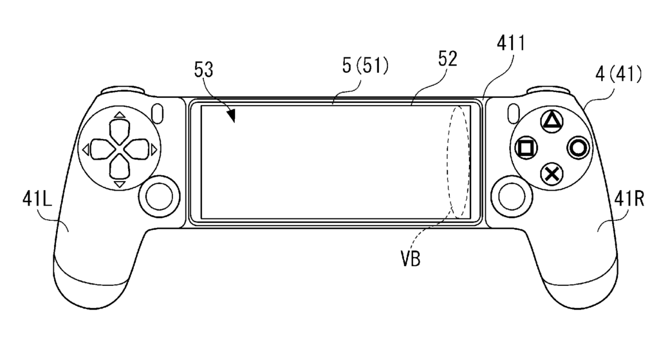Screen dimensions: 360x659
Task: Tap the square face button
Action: click(x=526, y=147)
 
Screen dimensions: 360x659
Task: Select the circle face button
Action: click(x=578, y=147)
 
